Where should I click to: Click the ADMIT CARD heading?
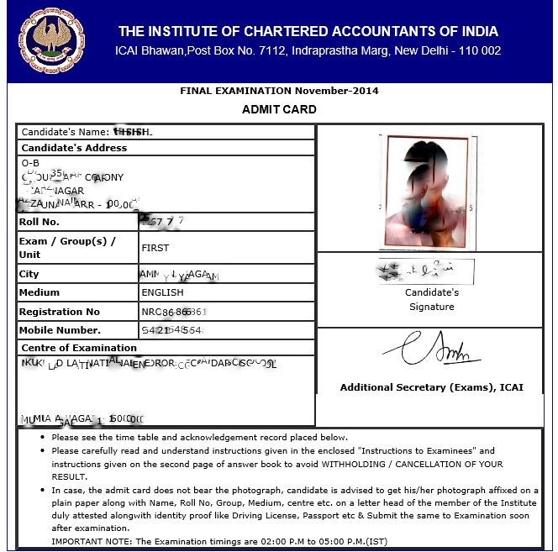pos(279,109)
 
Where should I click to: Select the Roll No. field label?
pos(39,222)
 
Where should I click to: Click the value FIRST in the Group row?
pos(155,248)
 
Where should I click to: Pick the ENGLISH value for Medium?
pos(162,292)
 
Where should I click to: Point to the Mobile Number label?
pos(60,330)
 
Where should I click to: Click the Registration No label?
pos(59,312)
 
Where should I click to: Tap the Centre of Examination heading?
pos(79,347)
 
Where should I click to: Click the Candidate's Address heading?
pos(74,148)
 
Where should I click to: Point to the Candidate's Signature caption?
pos(431,299)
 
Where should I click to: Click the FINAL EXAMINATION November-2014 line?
pos(279,91)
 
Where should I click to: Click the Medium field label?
pos(39,292)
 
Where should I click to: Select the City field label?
pos(29,274)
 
